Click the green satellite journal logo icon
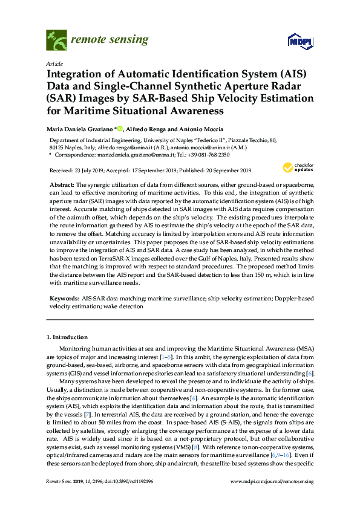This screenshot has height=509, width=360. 57,41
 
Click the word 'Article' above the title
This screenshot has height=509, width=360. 54,63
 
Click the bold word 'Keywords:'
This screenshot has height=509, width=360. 64,299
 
